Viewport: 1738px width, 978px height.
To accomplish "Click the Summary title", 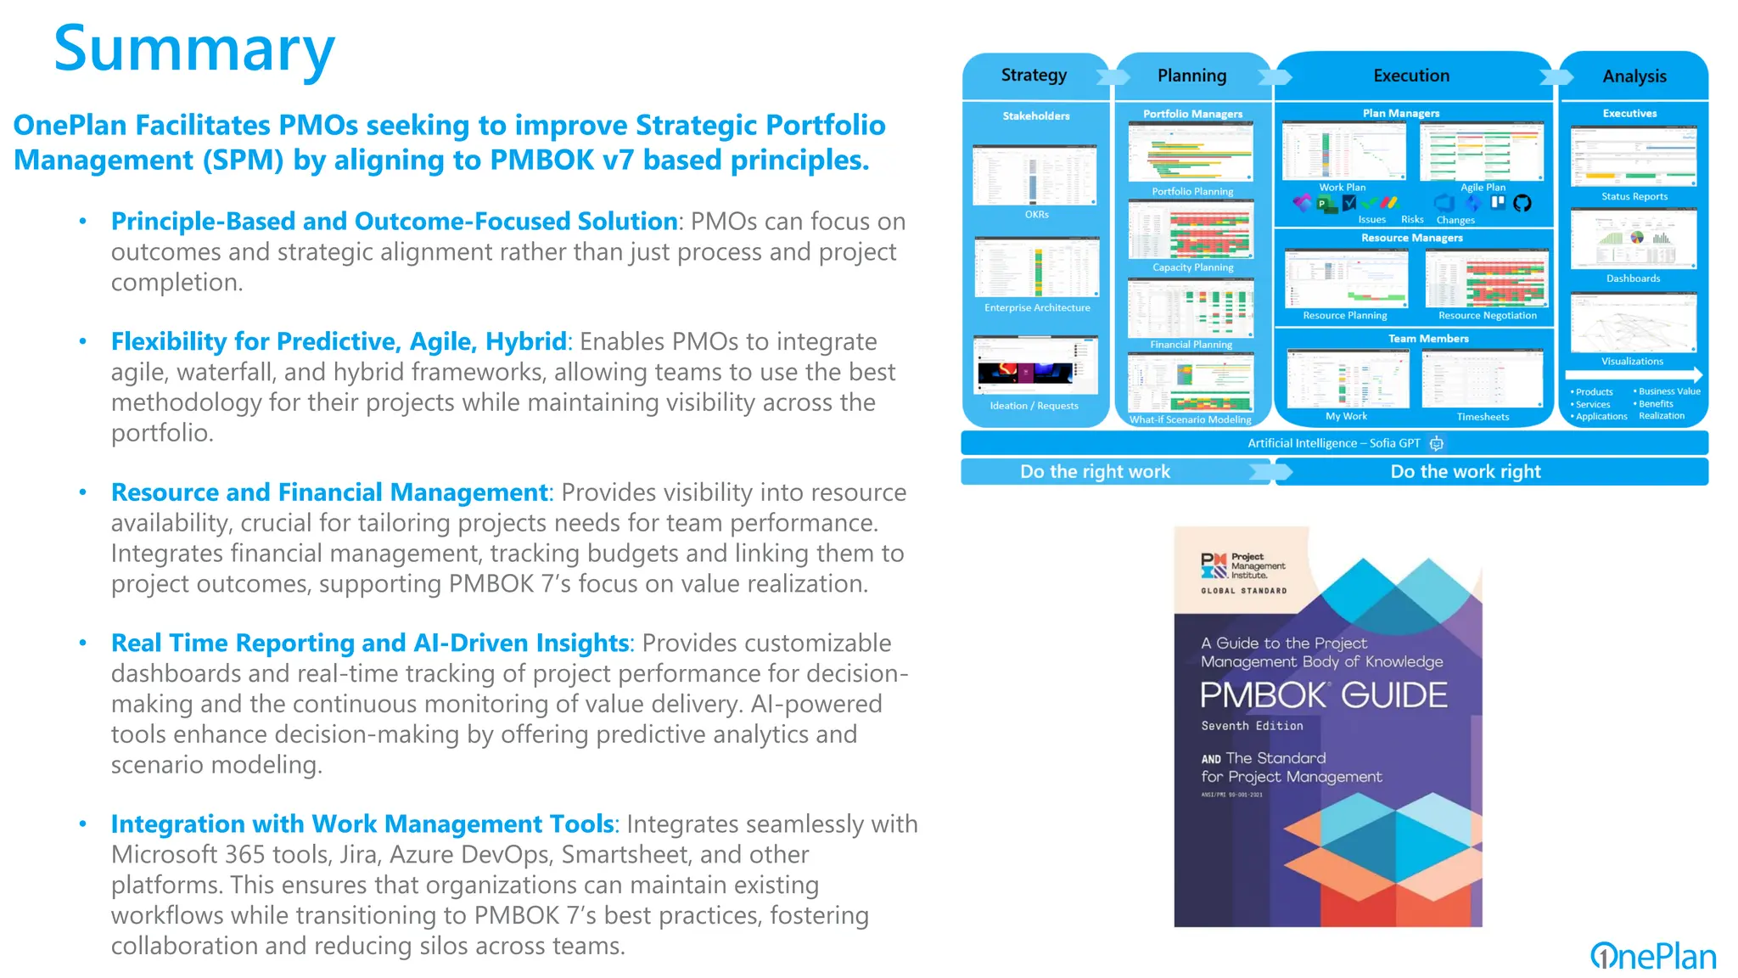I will (194, 49).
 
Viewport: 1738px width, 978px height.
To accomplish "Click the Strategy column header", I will (1034, 76).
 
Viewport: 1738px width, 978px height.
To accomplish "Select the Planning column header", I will (1191, 76).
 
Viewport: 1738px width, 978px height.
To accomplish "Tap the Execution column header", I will (1411, 76).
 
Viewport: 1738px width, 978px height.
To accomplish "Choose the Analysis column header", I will (1634, 76).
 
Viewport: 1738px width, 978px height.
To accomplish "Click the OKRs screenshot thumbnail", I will (1034, 175).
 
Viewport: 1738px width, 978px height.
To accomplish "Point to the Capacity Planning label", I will (1192, 267).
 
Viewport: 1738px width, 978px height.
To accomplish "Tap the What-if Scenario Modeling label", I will (1190, 419).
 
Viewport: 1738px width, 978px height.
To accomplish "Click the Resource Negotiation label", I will (1487, 316).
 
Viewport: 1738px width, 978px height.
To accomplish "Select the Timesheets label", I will (1483, 417).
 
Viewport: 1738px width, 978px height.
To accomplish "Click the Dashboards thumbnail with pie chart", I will (1633, 240).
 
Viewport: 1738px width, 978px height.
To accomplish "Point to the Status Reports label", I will (1634, 197).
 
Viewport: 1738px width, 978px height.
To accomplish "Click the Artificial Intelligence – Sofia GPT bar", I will (1334, 443).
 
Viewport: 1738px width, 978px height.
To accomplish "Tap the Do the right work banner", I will (1095, 472).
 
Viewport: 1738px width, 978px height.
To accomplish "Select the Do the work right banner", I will (1466, 472).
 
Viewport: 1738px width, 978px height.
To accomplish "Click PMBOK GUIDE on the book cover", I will (1323, 695).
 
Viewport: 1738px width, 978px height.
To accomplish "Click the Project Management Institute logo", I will (1243, 566).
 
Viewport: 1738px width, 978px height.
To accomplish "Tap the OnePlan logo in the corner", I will (1652, 956).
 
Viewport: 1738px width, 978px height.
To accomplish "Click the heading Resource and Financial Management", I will (330, 492).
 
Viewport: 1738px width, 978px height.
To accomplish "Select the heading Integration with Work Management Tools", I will (362, 824).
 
